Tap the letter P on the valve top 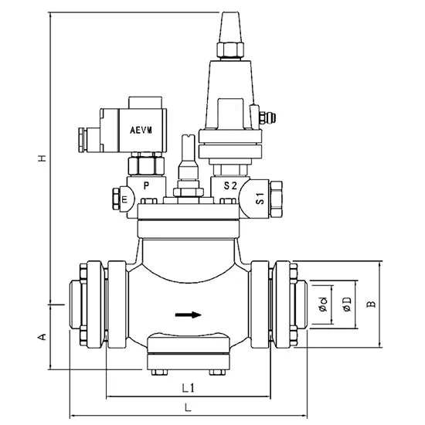click(x=147, y=186)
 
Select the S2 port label click(x=230, y=186)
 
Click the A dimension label click(x=42, y=337)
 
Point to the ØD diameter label click(x=346, y=305)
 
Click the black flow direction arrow click(x=189, y=314)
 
